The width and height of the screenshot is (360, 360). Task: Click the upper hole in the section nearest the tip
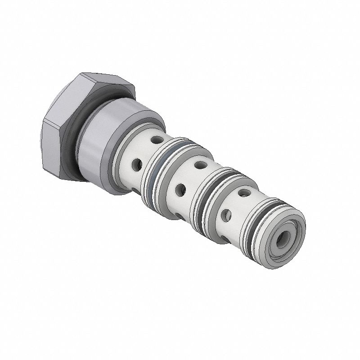tap(243, 193)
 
